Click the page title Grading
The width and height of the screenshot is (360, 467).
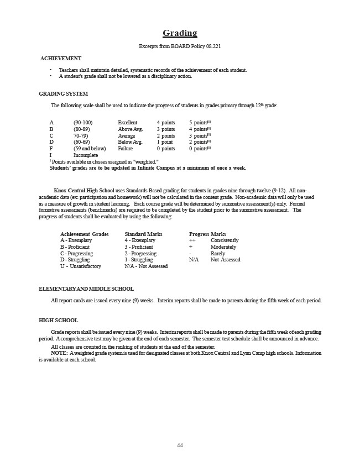pos(180,33)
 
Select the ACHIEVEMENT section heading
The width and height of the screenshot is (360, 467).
pos(61,58)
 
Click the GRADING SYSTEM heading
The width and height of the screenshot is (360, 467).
pos(63,93)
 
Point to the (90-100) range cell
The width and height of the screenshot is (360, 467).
pos(83,122)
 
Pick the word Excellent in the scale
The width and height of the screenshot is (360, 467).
pos(128,122)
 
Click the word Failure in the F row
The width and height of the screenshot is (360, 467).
pos(126,149)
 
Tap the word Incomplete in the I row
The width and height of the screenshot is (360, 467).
pos(86,155)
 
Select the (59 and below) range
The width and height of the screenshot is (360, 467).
pos(90,149)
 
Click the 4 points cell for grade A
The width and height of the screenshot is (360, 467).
pos(165,122)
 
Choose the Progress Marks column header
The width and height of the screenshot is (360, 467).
pos(207,234)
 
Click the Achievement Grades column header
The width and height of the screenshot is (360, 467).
pos(84,234)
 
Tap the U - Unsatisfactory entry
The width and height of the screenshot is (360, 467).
pos(81,266)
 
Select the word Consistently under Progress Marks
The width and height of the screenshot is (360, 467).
pos(225,240)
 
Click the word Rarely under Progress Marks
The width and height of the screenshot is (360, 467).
pos(218,254)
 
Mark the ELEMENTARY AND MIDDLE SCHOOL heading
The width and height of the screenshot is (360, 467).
pos(86,289)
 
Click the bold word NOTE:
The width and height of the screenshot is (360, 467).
pos(59,353)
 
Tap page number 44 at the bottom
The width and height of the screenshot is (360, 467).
pos(180,445)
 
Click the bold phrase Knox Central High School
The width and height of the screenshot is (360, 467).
pos(84,190)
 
